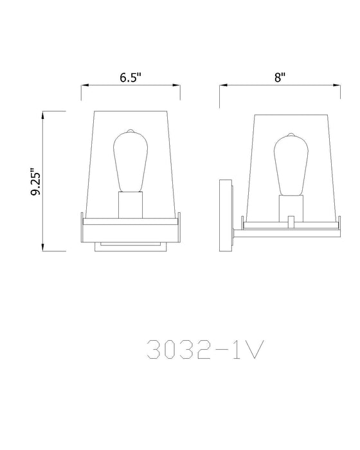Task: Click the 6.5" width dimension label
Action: click(130, 78)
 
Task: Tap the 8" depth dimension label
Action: click(279, 78)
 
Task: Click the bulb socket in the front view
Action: click(129, 204)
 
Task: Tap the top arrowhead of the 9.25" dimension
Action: click(44, 114)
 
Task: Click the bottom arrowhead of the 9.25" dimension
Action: click(44, 248)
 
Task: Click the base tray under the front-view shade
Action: click(130, 222)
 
